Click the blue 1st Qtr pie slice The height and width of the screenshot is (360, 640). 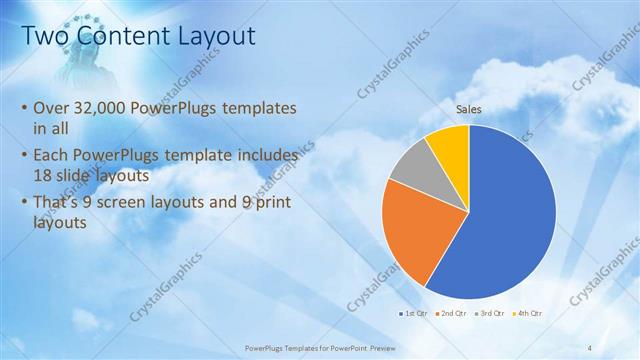click(510, 220)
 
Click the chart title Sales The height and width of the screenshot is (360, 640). click(469, 109)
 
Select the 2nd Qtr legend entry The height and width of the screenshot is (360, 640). click(452, 314)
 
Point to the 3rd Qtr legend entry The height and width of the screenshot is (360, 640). click(490, 314)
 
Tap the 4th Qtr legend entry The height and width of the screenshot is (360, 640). click(527, 314)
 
